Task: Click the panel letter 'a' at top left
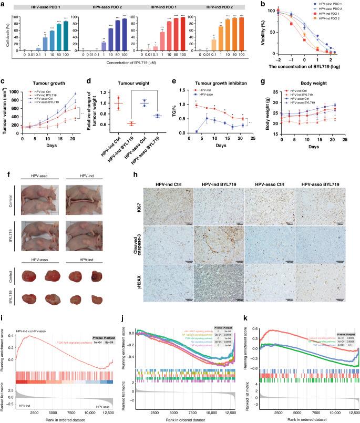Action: [4, 4]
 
